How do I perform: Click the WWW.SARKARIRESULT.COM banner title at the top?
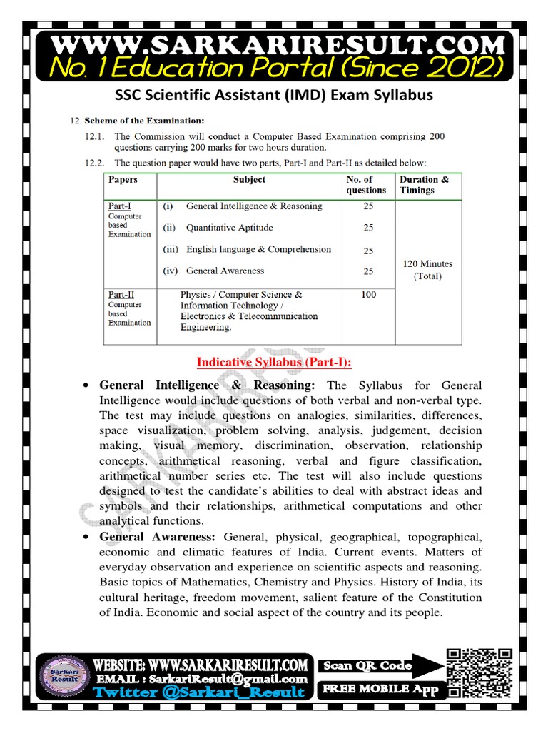click(274, 44)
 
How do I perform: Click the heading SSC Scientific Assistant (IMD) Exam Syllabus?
click(274, 95)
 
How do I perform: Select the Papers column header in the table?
click(123, 180)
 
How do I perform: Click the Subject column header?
click(249, 180)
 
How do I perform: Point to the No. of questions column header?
click(366, 185)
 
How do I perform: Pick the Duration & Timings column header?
click(424, 185)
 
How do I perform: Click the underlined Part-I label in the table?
click(121, 206)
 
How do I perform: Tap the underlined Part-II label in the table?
click(121, 294)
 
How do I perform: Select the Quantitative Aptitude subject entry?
click(229, 228)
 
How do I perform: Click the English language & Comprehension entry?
click(258, 249)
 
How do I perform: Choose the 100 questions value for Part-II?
click(368, 294)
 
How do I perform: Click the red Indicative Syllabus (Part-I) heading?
click(274, 363)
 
